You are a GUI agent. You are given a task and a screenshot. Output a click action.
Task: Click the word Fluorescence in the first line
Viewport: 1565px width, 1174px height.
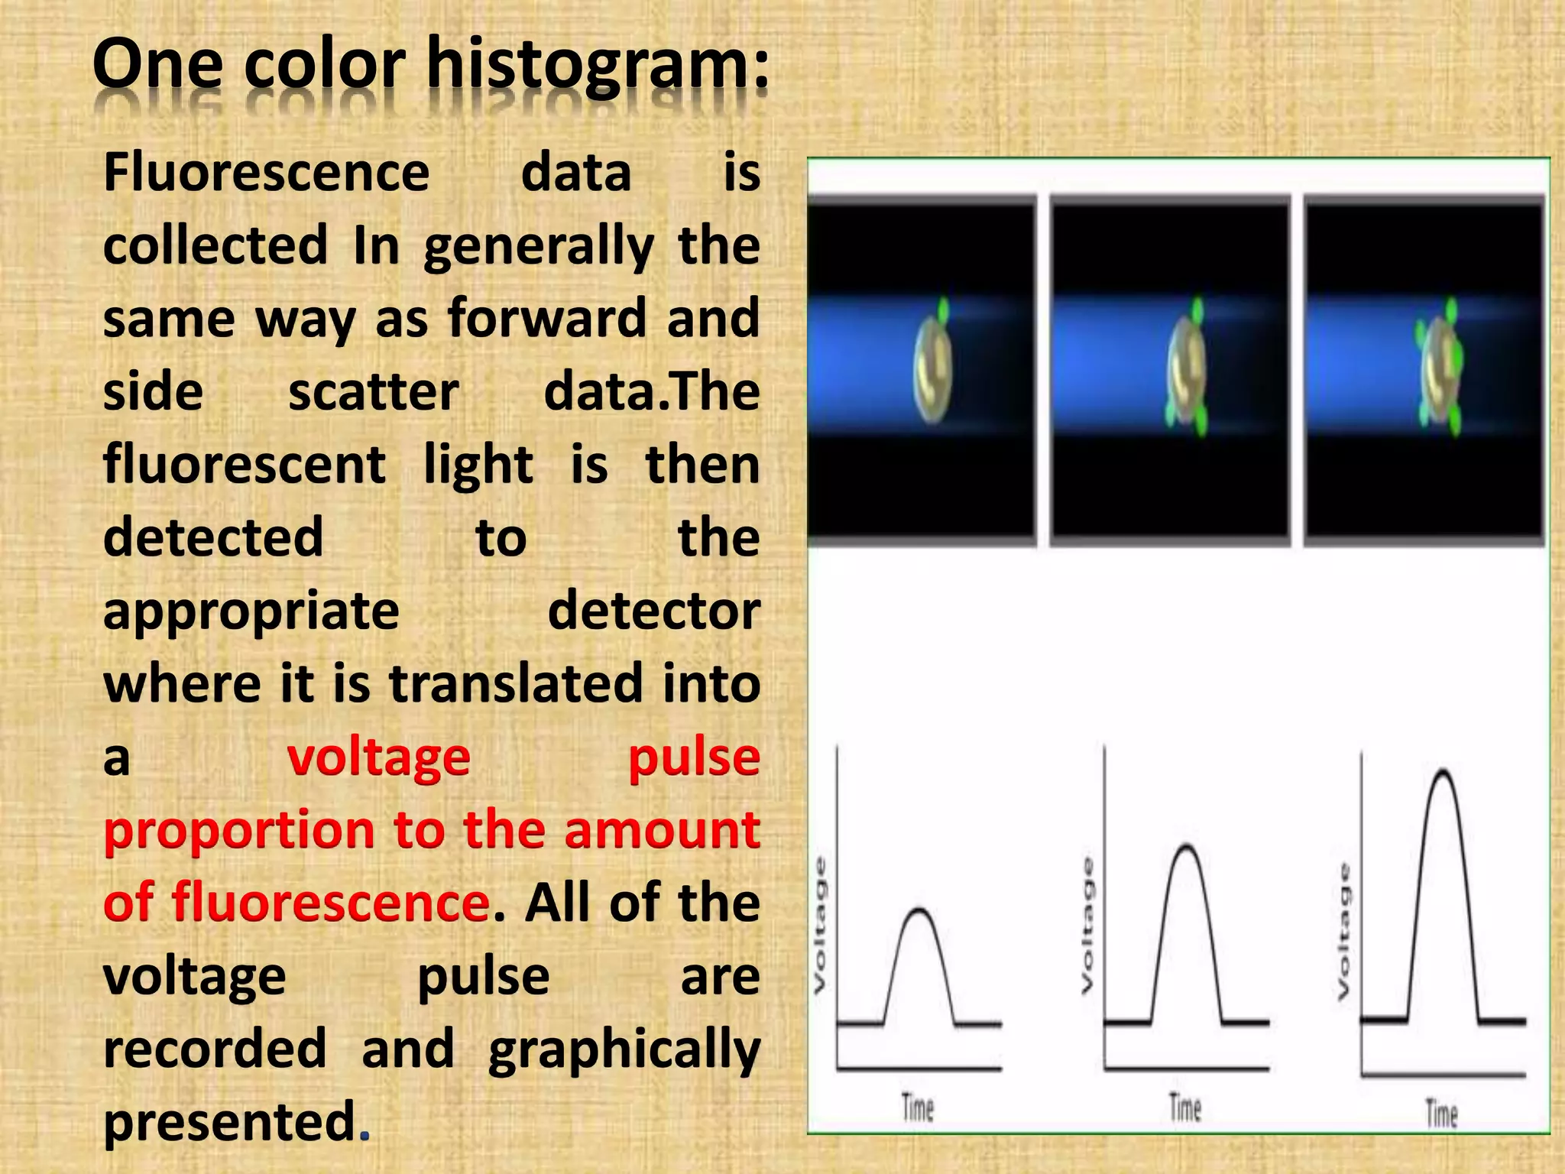coord(266,173)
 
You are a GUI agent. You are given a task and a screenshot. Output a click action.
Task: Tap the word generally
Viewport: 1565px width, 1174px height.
coord(539,246)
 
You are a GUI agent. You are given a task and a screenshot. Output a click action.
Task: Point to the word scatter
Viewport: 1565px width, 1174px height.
coord(373,392)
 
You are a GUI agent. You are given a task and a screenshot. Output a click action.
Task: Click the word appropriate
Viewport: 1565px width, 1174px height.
coord(251,611)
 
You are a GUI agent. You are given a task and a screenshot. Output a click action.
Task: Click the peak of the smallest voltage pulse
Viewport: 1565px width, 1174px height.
coord(919,910)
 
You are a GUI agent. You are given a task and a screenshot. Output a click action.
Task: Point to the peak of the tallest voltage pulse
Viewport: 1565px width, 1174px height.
coord(1443,771)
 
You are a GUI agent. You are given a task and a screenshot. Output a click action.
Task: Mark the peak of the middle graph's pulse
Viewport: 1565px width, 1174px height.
coord(1187,846)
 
